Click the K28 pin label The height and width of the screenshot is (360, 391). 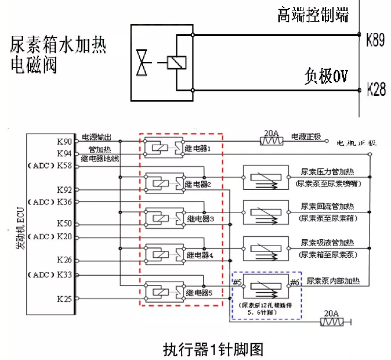(x=376, y=90)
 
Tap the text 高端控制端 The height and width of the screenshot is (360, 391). (x=313, y=15)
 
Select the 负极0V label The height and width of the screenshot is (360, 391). (x=325, y=77)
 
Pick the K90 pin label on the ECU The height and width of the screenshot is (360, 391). (x=65, y=142)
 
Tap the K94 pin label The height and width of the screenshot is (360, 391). (x=65, y=154)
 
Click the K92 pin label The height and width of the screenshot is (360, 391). (x=65, y=190)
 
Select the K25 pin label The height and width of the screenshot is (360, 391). (x=65, y=299)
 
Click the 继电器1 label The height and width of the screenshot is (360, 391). (x=197, y=148)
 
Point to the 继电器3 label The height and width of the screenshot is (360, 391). (x=200, y=219)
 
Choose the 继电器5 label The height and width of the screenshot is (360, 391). (x=198, y=292)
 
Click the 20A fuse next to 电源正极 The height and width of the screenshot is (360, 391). (x=271, y=140)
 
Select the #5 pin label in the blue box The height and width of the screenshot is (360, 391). (x=237, y=282)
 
